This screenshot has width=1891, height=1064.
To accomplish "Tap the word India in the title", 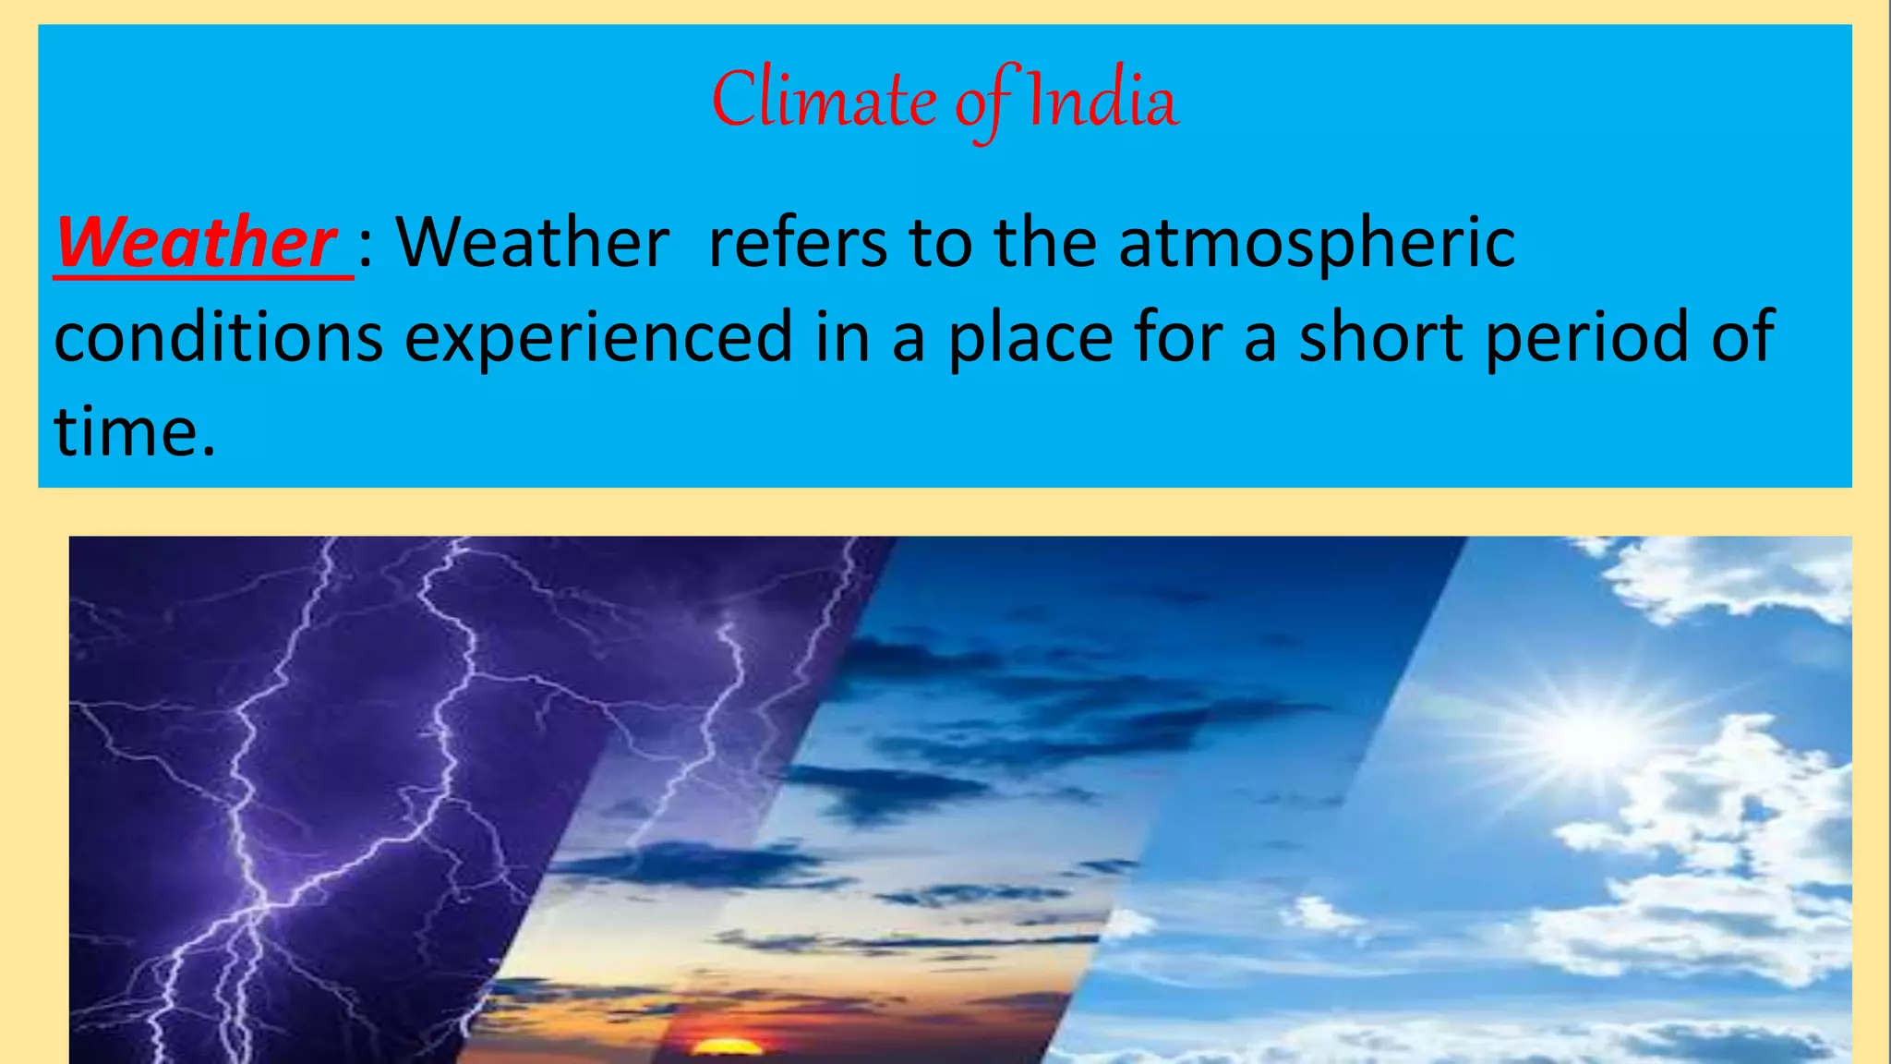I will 1102,100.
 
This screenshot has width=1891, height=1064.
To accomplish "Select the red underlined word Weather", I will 196,242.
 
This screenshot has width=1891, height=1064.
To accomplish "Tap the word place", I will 1030,338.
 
